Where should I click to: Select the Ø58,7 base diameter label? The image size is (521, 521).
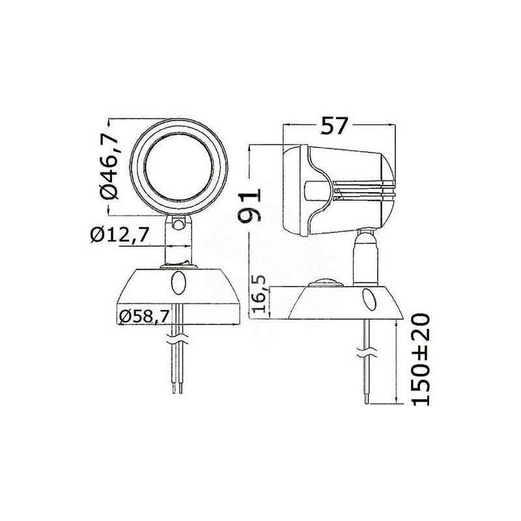point(145,317)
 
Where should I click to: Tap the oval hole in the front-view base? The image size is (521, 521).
point(178,284)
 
